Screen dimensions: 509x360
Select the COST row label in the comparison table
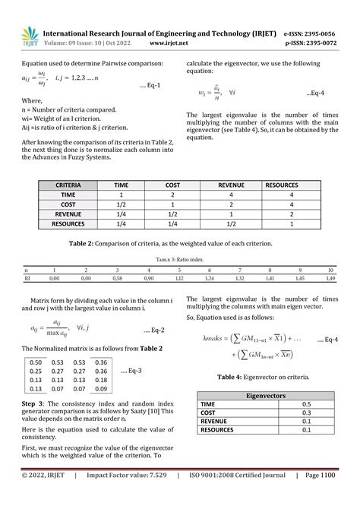[68, 204]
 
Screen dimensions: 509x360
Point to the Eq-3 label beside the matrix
[132, 371]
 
